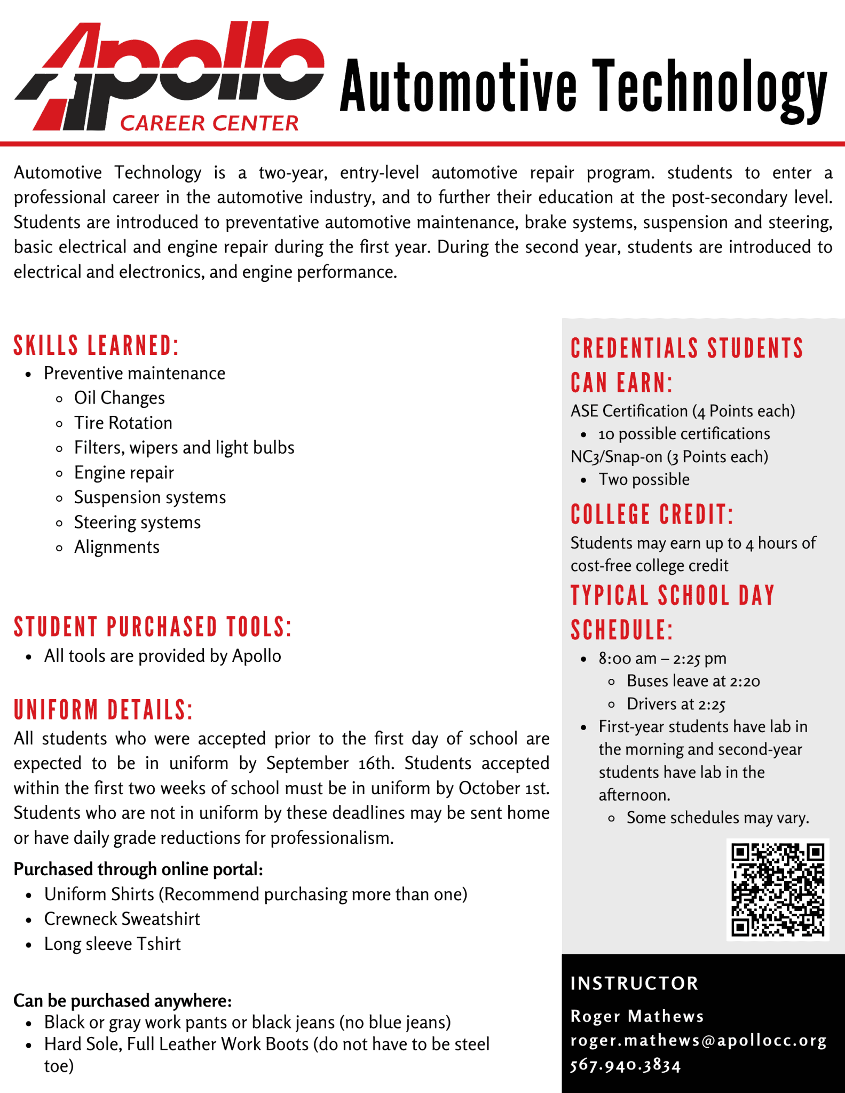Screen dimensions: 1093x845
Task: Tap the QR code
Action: (x=778, y=889)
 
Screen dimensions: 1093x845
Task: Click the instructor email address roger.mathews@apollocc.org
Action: (x=698, y=1040)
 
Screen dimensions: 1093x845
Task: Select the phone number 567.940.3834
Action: (x=626, y=1065)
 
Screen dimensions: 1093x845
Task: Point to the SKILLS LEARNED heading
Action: (x=96, y=345)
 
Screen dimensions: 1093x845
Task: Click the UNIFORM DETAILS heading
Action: (x=103, y=710)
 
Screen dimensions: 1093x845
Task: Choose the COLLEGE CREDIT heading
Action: (x=652, y=514)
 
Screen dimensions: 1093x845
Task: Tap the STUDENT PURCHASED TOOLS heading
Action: (x=153, y=627)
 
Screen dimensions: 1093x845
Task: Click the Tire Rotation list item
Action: (x=123, y=423)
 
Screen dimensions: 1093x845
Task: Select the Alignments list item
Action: (x=116, y=547)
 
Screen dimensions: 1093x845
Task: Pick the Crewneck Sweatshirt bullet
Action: (x=122, y=918)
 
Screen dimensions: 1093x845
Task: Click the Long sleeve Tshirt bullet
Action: (x=112, y=944)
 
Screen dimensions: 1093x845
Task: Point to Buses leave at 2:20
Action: (x=693, y=681)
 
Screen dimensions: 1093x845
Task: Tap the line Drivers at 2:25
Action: (x=676, y=704)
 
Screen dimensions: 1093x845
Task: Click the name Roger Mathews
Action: (x=637, y=1016)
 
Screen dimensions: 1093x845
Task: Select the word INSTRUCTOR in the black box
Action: (x=634, y=983)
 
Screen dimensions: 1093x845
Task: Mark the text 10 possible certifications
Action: (x=684, y=434)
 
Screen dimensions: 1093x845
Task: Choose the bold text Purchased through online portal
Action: (x=138, y=869)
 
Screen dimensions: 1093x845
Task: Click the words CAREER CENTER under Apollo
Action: (x=209, y=123)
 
